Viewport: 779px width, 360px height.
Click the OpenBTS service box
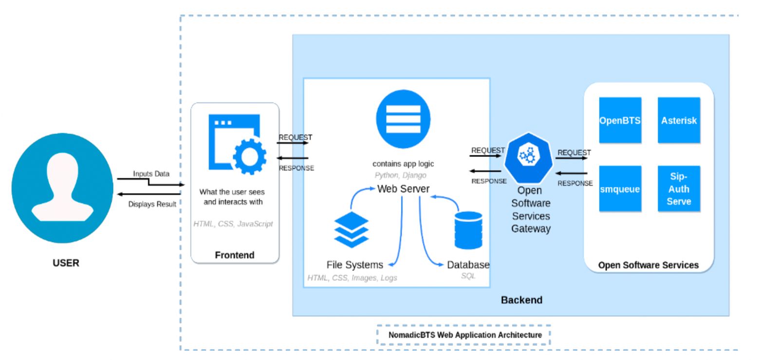click(620, 120)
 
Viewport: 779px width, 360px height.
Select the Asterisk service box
click(679, 120)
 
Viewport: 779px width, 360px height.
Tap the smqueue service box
click(620, 189)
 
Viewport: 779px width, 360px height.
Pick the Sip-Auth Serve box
click(679, 189)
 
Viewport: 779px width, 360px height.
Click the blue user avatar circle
click(63, 188)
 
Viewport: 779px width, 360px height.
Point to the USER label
click(66, 263)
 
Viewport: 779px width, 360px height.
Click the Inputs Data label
click(151, 174)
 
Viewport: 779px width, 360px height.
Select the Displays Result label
click(152, 204)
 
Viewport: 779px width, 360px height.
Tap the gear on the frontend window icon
click(249, 156)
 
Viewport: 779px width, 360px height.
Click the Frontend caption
click(235, 255)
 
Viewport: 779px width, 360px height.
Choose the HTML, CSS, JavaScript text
click(233, 224)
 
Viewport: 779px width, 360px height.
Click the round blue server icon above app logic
click(403, 119)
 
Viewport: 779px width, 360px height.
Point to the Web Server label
click(403, 189)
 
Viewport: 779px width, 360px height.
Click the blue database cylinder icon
click(468, 230)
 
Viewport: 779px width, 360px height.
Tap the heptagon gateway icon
click(528, 157)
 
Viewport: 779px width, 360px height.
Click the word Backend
click(521, 300)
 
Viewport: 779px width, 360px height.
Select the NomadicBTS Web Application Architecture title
click(465, 335)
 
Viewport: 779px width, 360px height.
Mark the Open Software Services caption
click(648, 265)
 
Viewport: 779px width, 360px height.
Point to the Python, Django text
click(400, 175)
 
